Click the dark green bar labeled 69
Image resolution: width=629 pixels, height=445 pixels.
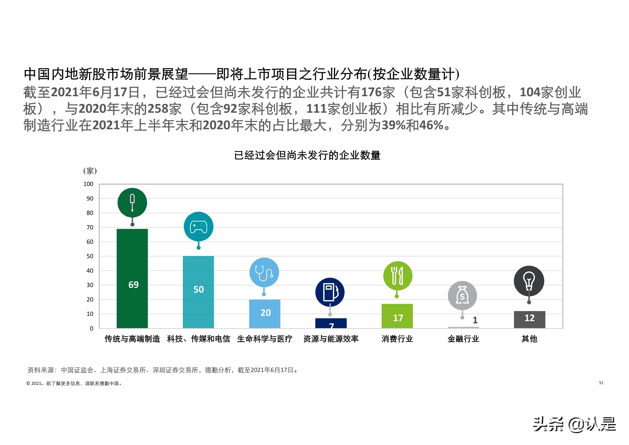pyautogui.click(x=132, y=278)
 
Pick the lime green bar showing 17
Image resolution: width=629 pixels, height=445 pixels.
pyautogui.click(x=397, y=316)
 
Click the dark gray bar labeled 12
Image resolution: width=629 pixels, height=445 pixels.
pyautogui.click(x=529, y=319)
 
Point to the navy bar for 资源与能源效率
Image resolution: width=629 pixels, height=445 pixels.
pyautogui.click(x=331, y=323)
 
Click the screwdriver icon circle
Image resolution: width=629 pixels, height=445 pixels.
pyautogui.click(x=132, y=203)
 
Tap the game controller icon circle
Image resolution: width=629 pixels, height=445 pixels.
pyautogui.click(x=198, y=227)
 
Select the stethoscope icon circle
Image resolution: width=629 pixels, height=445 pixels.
pyautogui.click(x=264, y=272)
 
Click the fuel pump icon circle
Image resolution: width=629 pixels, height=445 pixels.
pyautogui.click(x=330, y=292)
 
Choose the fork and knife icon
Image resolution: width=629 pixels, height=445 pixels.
pyautogui.click(x=397, y=276)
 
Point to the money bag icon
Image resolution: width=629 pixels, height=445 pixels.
pyautogui.click(x=462, y=295)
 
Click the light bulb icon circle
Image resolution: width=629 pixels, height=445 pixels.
pyautogui.click(x=529, y=281)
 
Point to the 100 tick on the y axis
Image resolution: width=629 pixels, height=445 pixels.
pyautogui.click(x=88, y=184)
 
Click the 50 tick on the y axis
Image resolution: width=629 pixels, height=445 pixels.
pyautogui.click(x=90, y=256)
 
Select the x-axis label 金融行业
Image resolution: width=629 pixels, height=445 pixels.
pyautogui.click(x=463, y=339)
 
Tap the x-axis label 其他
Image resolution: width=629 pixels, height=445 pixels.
pyautogui.click(x=529, y=339)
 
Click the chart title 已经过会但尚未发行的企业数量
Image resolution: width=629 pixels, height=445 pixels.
pyautogui.click(x=307, y=155)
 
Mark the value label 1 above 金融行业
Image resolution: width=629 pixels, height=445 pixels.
pyautogui.click(x=475, y=320)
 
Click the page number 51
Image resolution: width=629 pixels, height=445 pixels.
pyautogui.click(x=601, y=383)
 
